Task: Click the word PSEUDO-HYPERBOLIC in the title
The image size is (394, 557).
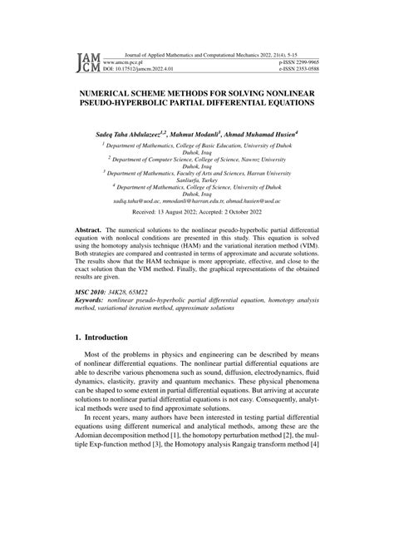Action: tap(131, 105)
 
